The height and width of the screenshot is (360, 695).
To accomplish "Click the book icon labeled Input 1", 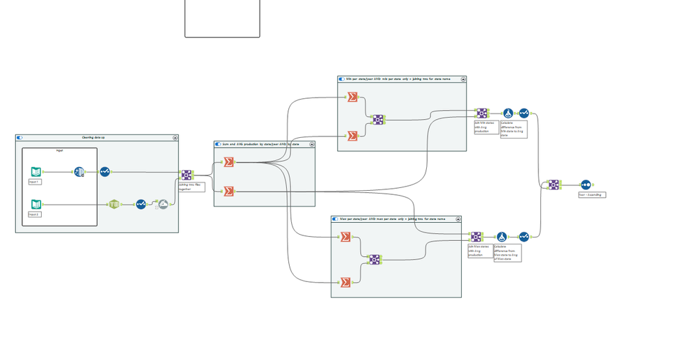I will coord(36,172).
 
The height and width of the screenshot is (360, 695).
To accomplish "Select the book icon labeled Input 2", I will coord(36,204).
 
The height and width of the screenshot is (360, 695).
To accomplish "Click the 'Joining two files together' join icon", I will coord(187,175).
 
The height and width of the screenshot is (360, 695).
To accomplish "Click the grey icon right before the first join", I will coord(162,204).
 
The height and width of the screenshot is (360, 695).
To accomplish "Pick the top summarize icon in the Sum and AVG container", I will coord(228,162).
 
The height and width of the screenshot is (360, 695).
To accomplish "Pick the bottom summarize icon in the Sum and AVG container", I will coord(228,191).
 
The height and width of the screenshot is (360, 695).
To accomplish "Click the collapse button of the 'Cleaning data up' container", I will coord(174,138).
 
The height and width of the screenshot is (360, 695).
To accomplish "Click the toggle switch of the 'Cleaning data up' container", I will coord(19,138).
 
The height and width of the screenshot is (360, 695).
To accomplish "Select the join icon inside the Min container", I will coord(377,120).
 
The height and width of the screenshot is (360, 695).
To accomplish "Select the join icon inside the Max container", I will coord(375,259).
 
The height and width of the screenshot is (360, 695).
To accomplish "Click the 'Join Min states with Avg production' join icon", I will coord(481,113).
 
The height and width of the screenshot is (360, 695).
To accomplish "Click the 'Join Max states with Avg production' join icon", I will coord(476,237).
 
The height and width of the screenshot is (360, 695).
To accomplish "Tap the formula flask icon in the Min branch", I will coord(508,113).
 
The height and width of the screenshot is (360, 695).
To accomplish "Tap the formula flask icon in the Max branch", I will coord(501,237).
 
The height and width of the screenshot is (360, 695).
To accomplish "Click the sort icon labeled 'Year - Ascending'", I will coord(586,185).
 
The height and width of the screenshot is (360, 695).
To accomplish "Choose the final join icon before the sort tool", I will coord(553,185).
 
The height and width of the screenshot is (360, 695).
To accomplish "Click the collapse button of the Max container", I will coord(458,219).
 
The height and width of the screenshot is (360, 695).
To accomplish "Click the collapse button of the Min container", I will coord(463,79).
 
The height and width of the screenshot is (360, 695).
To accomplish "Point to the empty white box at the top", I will coord(221,18).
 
